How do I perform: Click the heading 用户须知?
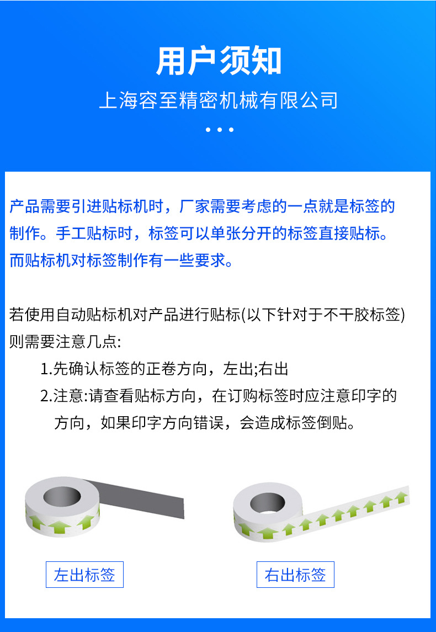[x=219, y=61]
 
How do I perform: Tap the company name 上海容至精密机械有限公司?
[x=218, y=101]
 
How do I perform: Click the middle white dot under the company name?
[x=219, y=130]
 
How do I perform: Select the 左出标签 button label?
[x=84, y=575]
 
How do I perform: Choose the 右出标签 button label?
[x=295, y=575]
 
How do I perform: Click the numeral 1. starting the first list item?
[x=46, y=369]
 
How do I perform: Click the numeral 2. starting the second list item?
[x=46, y=396]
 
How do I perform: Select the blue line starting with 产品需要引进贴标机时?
[x=202, y=207]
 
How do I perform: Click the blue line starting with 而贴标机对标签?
[x=121, y=260]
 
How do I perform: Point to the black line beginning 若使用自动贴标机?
[x=125, y=315]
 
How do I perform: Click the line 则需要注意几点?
[x=65, y=342]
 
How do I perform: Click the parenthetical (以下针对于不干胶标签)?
[x=323, y=315]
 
